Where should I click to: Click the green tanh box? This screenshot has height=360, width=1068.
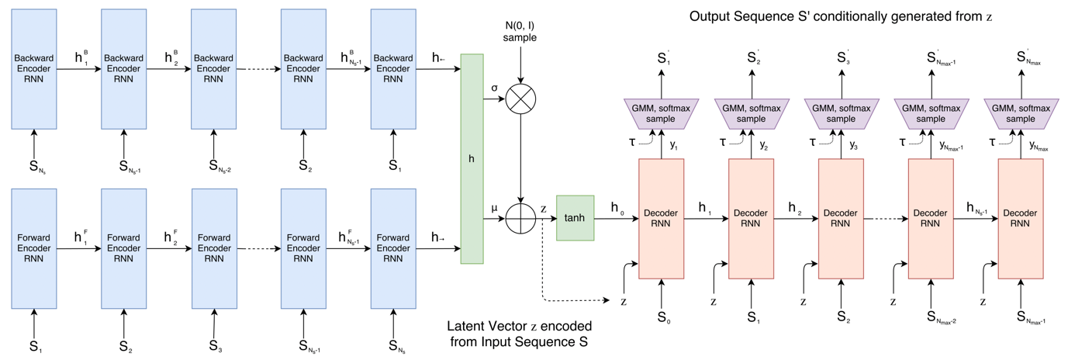tap(575, 218)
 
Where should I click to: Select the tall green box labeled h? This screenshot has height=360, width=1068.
tap(472, 158)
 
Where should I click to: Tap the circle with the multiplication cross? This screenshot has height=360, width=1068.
tap(520, 101)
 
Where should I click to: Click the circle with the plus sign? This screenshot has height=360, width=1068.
tap(520, 218)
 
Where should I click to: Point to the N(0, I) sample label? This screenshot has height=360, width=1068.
tap(520, 31)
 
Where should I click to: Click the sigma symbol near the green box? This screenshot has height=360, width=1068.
tap(495, 88)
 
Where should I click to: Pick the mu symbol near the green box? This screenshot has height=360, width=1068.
tap(495, 208)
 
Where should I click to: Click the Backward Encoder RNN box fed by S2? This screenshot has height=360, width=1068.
tap(303, 69)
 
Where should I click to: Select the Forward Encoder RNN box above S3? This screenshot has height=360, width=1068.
tap(213, 247)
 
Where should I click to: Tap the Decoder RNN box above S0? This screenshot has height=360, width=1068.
tap(661, 218)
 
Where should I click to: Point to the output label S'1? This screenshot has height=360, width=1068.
tap(663, 57)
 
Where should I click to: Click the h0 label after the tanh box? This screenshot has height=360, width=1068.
tap(616, 208)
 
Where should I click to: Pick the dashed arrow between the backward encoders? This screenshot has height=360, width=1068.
tap(258, 69)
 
